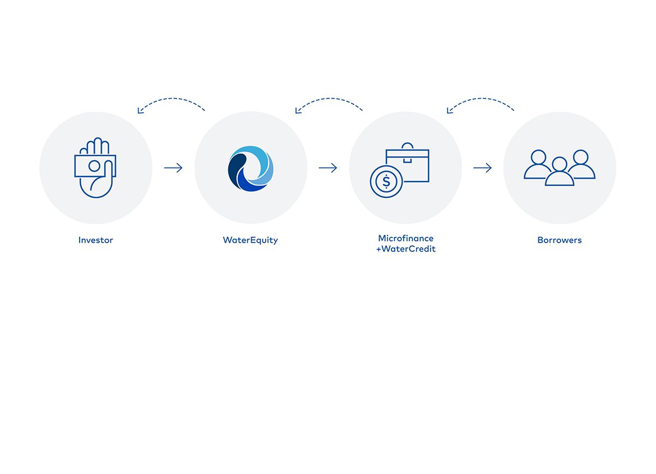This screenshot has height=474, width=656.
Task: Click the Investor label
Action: pos(95,240)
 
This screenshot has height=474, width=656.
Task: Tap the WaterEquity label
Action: pos(250,240)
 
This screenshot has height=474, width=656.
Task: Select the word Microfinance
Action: pos(406,238)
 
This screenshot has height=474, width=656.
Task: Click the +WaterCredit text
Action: pos(406,249)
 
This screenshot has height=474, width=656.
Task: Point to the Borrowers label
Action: pos(560,240)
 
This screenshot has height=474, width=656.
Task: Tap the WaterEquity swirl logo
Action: pos(251,169)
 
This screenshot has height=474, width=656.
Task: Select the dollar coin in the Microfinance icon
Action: pos(386,182)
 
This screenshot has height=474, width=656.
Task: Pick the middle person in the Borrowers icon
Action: pos(560,171)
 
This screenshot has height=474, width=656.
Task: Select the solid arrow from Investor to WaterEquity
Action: pos(173,168)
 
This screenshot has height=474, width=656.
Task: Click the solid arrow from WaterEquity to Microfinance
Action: pos(328,168)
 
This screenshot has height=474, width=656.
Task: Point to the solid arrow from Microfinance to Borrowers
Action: pos(482,168)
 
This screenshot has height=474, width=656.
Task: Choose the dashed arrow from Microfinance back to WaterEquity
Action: pos(329,99)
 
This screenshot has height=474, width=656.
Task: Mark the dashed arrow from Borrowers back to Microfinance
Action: pos(481,99)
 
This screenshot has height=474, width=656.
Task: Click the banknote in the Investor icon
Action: pos(95,166)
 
